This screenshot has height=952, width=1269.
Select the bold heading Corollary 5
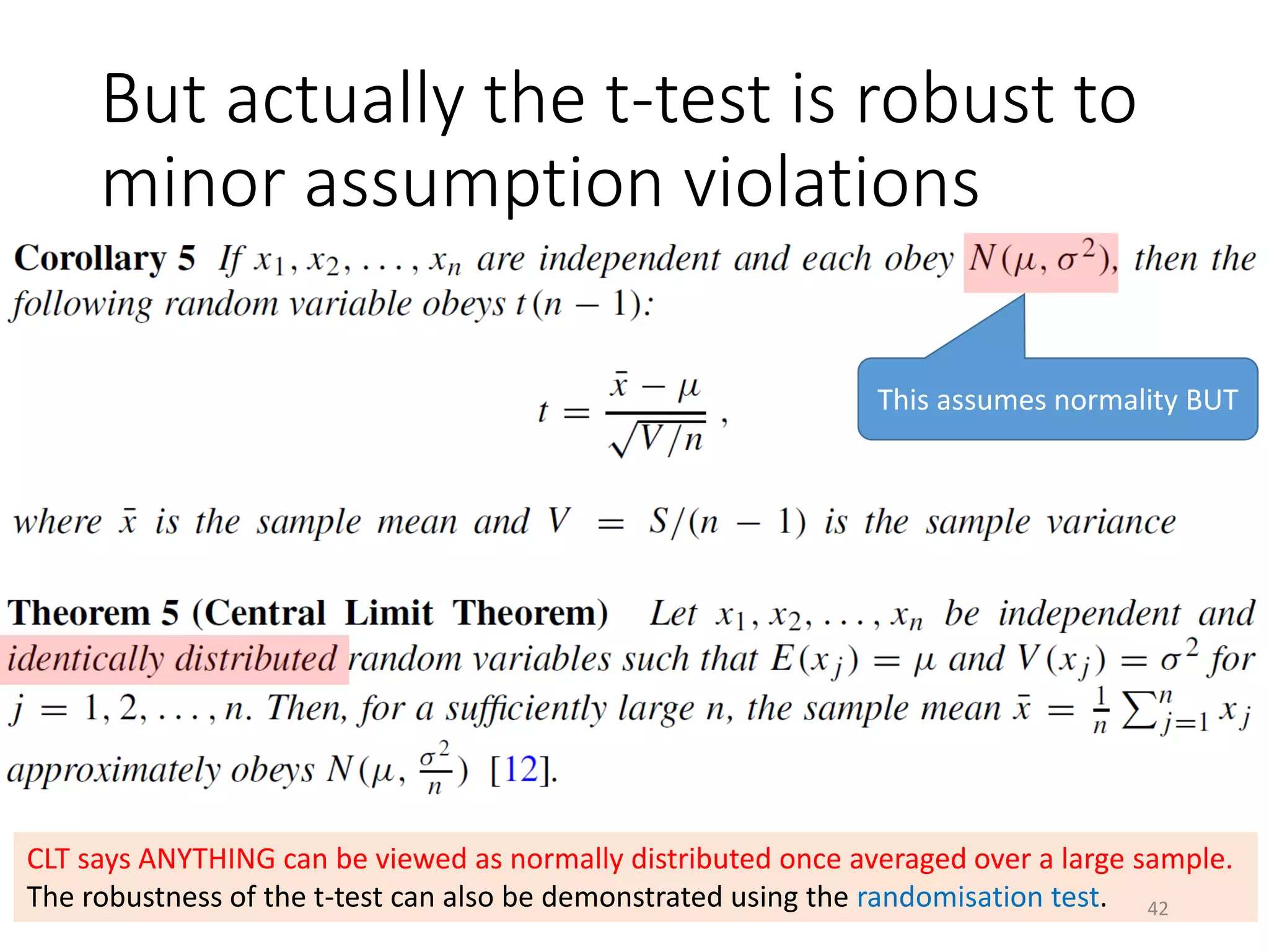point(105,258)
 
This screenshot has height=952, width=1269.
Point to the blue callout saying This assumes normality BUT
point(1057,400)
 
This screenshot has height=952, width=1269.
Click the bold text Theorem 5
point(93,614)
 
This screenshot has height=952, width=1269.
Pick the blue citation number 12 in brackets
point(520,770)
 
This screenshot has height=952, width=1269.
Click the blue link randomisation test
point(978,897)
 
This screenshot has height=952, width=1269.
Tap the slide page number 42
point(1157,909)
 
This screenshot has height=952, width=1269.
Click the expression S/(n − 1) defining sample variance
point(727,522)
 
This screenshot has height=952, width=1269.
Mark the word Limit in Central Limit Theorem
point(389,614)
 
